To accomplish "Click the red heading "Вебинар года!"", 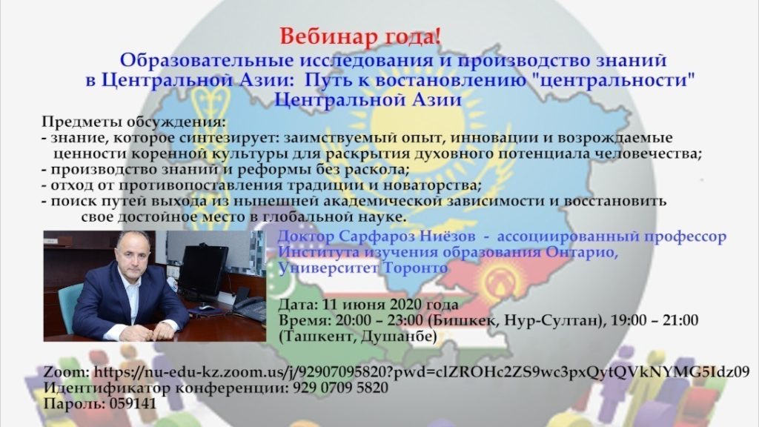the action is [361, 36].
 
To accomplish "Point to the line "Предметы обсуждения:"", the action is [133, 122].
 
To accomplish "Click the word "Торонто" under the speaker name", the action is [415, 268].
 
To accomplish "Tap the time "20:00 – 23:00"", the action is [379, 320].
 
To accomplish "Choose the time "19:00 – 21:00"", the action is [654, 320].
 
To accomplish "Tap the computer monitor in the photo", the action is [203, 272].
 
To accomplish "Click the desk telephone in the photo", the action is [249, 308].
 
